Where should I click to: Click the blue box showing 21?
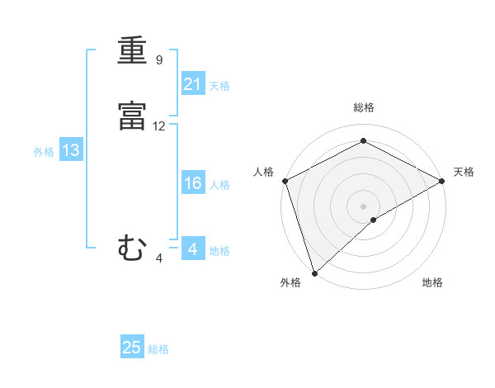click(193, 83)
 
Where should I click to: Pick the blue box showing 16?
click(193, 183)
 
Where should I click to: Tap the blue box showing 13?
click(71, 150)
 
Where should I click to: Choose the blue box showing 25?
click(132, 348)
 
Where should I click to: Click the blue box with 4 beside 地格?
click(193, 249)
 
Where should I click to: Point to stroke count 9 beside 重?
click(159, 60)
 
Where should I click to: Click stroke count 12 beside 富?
click(159, 126)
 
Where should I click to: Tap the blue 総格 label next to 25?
click(158, 349)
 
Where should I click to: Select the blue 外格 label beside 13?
click(44, 152)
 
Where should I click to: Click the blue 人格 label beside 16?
click(220, 185)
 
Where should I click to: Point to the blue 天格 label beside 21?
click(219, 85)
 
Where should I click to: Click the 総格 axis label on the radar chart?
click(364, 107)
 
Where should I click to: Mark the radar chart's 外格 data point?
click(313, 272)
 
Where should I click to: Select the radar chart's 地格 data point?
click(374, 220)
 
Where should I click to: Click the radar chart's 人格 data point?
click(285, 181)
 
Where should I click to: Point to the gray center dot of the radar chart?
click(364, 206)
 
